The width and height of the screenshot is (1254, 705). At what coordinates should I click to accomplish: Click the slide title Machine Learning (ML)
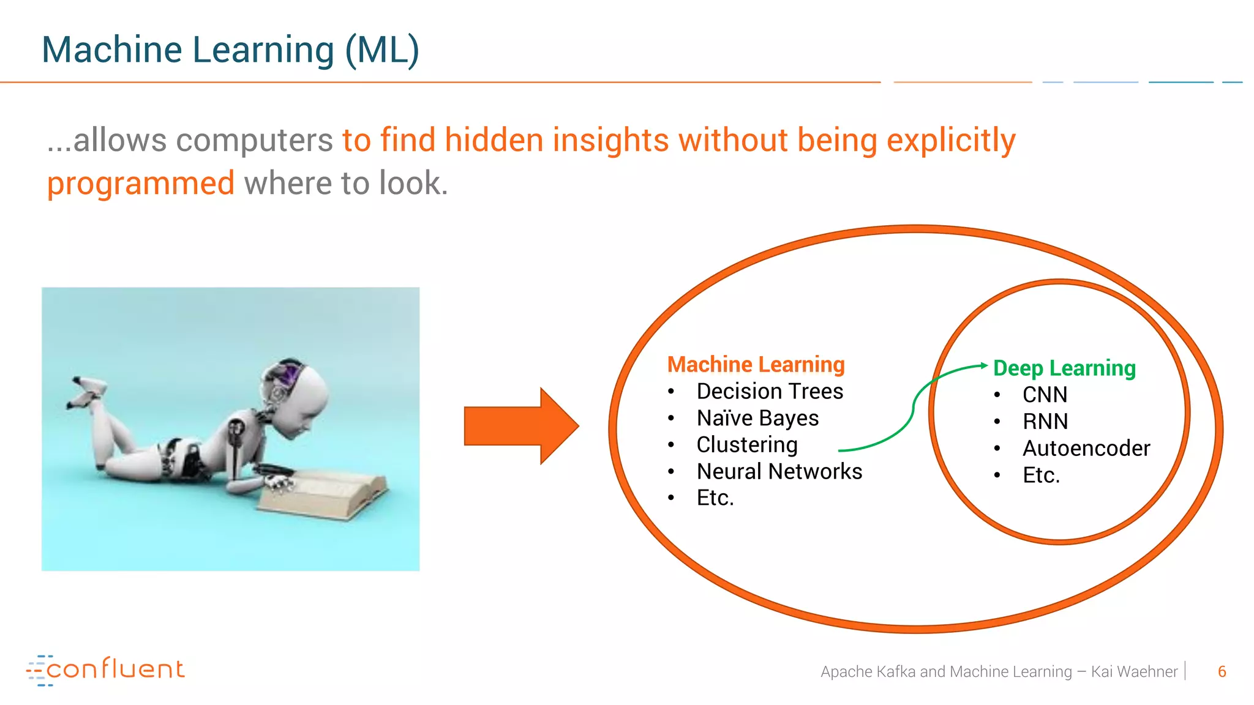pyautogui.click(x=230, y=50)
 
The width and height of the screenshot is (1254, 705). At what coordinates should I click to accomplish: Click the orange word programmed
pyautogui.click(x=141, y=184)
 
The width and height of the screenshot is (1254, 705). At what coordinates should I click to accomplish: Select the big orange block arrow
pyautogui.click(x=521, y=426)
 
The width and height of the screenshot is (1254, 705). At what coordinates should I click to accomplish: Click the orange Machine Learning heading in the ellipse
pyautogui.click(x=756, y=365)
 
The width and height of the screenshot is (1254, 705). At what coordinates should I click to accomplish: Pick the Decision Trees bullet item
pyautogui.click(x=770, y=392)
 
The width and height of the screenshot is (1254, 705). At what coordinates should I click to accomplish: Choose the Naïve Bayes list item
pyautogui.click(x=757, y=419)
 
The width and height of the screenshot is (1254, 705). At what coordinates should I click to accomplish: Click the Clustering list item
pyautogui.click(x=747, y=445)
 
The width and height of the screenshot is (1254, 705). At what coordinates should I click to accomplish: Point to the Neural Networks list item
pyautogui.click(x=779, y=472)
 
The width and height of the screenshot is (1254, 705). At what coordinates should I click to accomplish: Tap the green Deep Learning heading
pyautogui.click(x=1064, y=368)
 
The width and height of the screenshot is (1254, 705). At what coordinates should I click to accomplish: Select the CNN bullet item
pyautogui.click(x=1045, y=395)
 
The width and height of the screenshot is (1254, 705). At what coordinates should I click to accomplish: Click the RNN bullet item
pyautogui.click(x=1045, y=422)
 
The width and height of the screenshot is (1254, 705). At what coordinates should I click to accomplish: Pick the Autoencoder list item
pyautogui.click(x=1086, y=449)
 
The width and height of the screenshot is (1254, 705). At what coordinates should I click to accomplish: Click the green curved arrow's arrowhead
pyautogui.click(x=983, y=365)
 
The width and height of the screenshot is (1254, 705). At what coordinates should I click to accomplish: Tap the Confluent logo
pyautogui.click(x=105, y=670)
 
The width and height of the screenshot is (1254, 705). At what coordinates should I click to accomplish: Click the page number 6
pyautogui.click(x=1222, y=672)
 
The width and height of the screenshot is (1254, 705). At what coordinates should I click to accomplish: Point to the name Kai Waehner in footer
pyautogui.click(x=1134, y=672)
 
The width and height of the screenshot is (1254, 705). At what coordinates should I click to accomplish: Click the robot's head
pyautogui.click(x=293, y=398)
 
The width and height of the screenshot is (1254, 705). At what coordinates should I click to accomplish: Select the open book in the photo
pyautogui.click(x=325, y=493)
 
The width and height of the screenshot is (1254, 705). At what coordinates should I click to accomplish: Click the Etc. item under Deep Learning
pyautogui.click(x=1041, y=476)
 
